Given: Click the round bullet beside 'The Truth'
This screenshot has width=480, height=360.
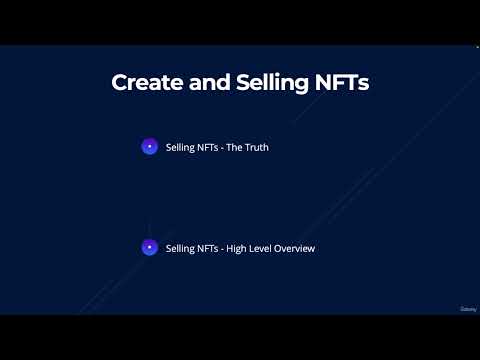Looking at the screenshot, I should pos(149,147).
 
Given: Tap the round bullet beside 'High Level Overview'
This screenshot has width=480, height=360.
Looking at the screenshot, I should pos(149,247).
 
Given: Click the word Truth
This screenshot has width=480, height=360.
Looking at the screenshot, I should pos(256,147).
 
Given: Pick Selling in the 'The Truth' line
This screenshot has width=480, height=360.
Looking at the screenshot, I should pos(181,147).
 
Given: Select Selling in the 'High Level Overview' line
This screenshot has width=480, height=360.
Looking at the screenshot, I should pos(181,248).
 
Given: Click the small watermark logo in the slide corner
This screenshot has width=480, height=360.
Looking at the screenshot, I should pos(467,308).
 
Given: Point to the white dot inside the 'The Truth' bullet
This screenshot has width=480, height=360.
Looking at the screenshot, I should pos(149,147).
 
